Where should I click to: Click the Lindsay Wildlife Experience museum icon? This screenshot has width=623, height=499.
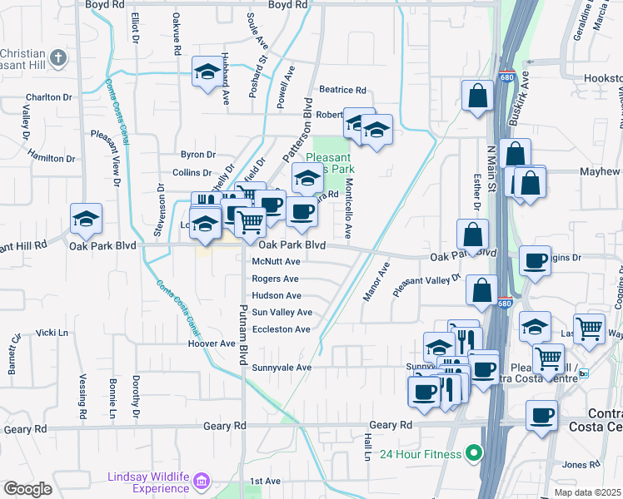tap(200, 481)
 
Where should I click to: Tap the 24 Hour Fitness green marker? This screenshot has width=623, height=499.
tap(474, 453)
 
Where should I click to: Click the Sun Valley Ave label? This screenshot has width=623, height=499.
tap(282, 313)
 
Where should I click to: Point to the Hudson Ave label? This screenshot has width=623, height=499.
tap(277, 296)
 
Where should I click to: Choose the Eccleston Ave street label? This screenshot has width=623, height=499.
tap(281, 329)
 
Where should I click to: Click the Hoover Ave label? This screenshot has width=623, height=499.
tap(212, 343)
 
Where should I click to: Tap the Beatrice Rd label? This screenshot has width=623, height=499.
tap(342, 90)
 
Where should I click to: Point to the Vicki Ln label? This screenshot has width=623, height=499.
tap(52, 333)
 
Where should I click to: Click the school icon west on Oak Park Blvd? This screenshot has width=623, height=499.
tap(86, 218)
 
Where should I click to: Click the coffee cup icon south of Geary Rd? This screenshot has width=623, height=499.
tap(542, 415)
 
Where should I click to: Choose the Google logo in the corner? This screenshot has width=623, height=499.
tap(28, 488)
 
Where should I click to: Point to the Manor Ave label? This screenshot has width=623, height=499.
tap(375, 282)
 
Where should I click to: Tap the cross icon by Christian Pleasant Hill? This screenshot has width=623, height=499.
tap(57, 58)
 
